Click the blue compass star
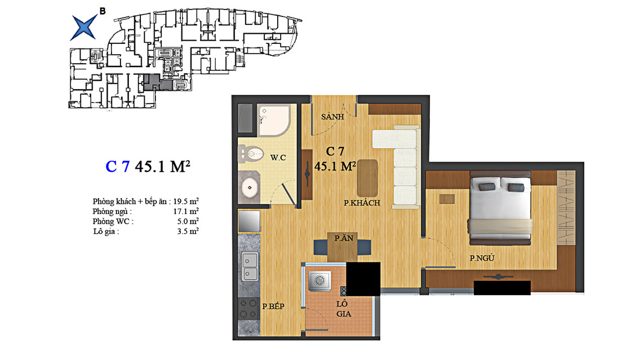[x=84, y=28]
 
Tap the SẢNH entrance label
[x=332, y=117]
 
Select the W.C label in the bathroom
[x=278, y=158]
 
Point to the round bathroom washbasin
[x=250, y=188]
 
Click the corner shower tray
[x=274, y=120]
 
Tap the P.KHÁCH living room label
[x=362, y=203]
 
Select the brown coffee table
[x=367, y=178]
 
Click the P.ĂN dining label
[x=344, y=238]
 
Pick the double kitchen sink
[x=250, y=266]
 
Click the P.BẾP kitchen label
[x=273, y=306]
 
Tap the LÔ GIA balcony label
[x=343, y=309]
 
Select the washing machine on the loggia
[x=319, y=280]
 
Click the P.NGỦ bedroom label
[x=482, y=258]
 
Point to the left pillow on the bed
[x=486, y=186]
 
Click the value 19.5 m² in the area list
[x=186, y=201]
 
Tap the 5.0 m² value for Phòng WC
[x=188, y=221]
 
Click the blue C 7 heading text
[x=118, y=166]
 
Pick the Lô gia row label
[x=105, y=232]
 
